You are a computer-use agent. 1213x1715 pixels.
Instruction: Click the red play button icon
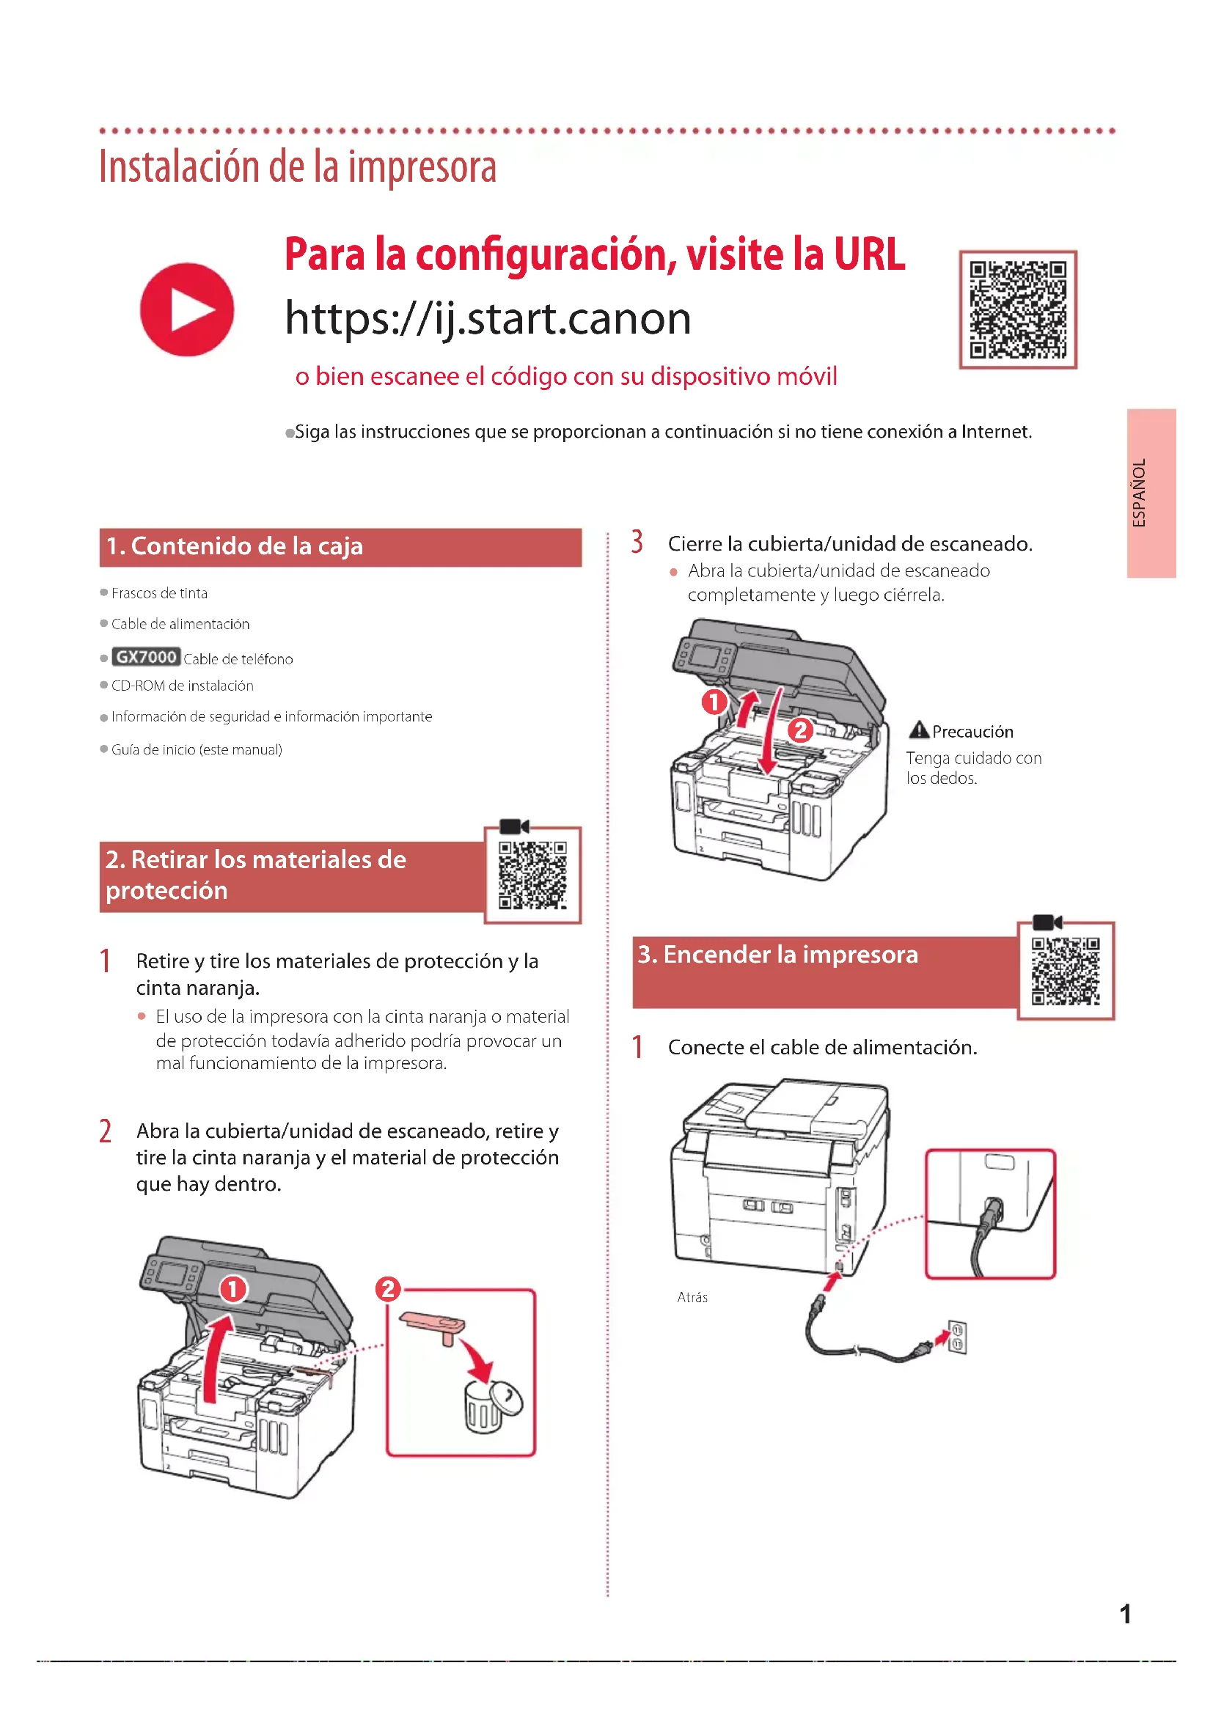(187, 309)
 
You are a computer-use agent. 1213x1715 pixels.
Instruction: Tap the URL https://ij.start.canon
(488, 319)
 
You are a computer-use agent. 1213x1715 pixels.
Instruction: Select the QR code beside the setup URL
(1017, 309)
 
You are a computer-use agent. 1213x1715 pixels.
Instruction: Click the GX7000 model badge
(146, 656)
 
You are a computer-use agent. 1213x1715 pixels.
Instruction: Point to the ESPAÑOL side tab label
(1139, 493)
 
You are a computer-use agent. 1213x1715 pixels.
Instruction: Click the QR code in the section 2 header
(532, 875)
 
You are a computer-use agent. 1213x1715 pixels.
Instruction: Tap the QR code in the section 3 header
(1065, 971)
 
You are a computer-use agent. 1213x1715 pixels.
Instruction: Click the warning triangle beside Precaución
(919, 730)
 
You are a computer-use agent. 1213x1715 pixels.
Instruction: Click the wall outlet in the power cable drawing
(958, 1337)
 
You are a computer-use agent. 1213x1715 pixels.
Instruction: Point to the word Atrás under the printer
(692, 1298)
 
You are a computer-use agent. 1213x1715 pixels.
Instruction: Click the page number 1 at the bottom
(1125, 1614)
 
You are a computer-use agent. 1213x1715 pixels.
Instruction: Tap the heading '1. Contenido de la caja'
(235, 546)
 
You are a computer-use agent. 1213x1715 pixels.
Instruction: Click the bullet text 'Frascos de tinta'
(159, 593)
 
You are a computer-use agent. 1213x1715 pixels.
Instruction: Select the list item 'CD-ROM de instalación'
(183, 686)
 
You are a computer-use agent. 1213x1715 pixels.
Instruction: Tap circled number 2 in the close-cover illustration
(801, 729)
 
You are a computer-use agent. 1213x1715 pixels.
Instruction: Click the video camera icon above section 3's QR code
(1047, 922)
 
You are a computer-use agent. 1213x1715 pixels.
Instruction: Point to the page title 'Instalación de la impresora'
(298, 166)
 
